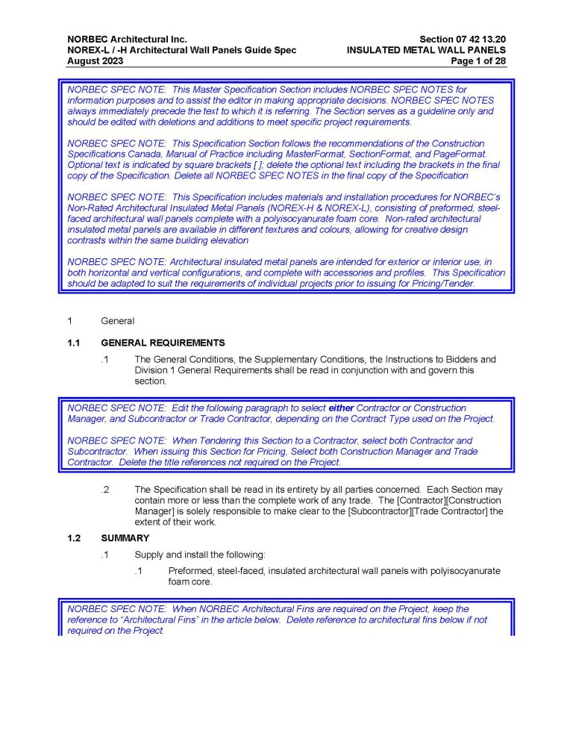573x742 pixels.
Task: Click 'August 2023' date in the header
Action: click(x=93, y=61)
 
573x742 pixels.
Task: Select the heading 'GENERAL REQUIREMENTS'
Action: click(x=163, y=343)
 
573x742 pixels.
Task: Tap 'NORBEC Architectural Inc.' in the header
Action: click(x=127, y=39)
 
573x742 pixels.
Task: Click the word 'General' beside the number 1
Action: click(x=118, y=321)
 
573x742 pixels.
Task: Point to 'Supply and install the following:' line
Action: click(x=193, y=555)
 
